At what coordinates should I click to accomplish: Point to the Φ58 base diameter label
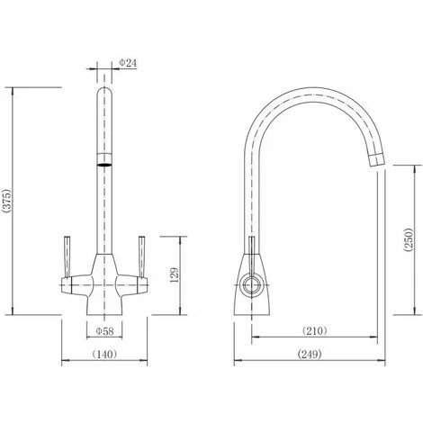[104, 330]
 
